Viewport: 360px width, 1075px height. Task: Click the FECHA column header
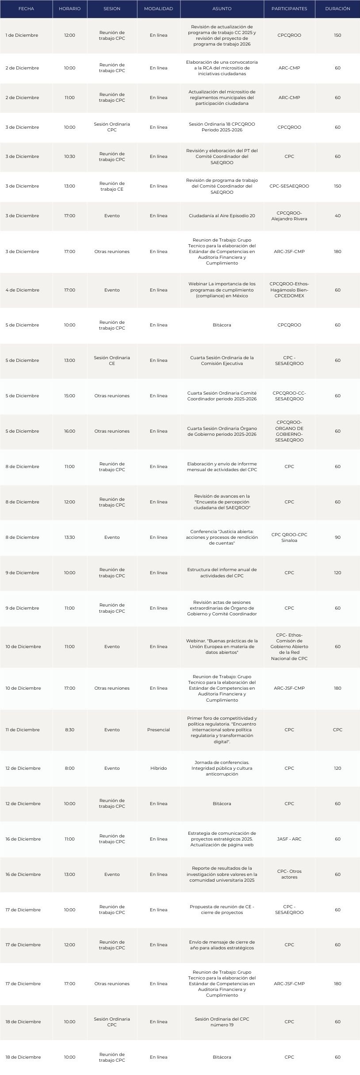click(x=26, y=9)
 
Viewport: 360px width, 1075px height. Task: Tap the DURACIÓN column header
click(x=337, y=9)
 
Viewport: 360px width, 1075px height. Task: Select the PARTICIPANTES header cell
click(x=289, y=9)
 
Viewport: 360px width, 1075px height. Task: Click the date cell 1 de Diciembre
click(x=22, y=35)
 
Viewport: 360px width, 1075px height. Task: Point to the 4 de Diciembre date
click(x=22, y=290)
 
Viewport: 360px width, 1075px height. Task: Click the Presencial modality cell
click(x=158, y=730)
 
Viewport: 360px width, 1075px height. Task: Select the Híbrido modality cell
click(x=158, y=768)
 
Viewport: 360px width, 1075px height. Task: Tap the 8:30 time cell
click(x=69, y=730)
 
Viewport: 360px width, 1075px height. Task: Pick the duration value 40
click(x=337, y=216)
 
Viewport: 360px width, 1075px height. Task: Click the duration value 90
click(x=337, y=537)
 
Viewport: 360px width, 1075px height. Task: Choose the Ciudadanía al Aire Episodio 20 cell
click(x=222, y=216)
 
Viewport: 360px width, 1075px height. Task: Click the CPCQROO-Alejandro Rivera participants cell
click(x=289, y=216)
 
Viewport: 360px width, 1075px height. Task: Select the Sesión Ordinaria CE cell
click(x=112, y=361)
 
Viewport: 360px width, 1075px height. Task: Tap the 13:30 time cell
click(x=69, y=537)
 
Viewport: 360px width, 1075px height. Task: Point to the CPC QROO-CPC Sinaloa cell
click(x=289, y=537)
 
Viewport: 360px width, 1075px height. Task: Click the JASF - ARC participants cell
click(x=289, y=839)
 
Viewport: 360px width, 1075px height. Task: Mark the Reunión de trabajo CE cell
click(x=112, y=186)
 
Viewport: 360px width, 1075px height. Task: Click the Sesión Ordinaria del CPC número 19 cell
click(x=222, y=1022)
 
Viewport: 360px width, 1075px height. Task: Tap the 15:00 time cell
click(x=69, y=396)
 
